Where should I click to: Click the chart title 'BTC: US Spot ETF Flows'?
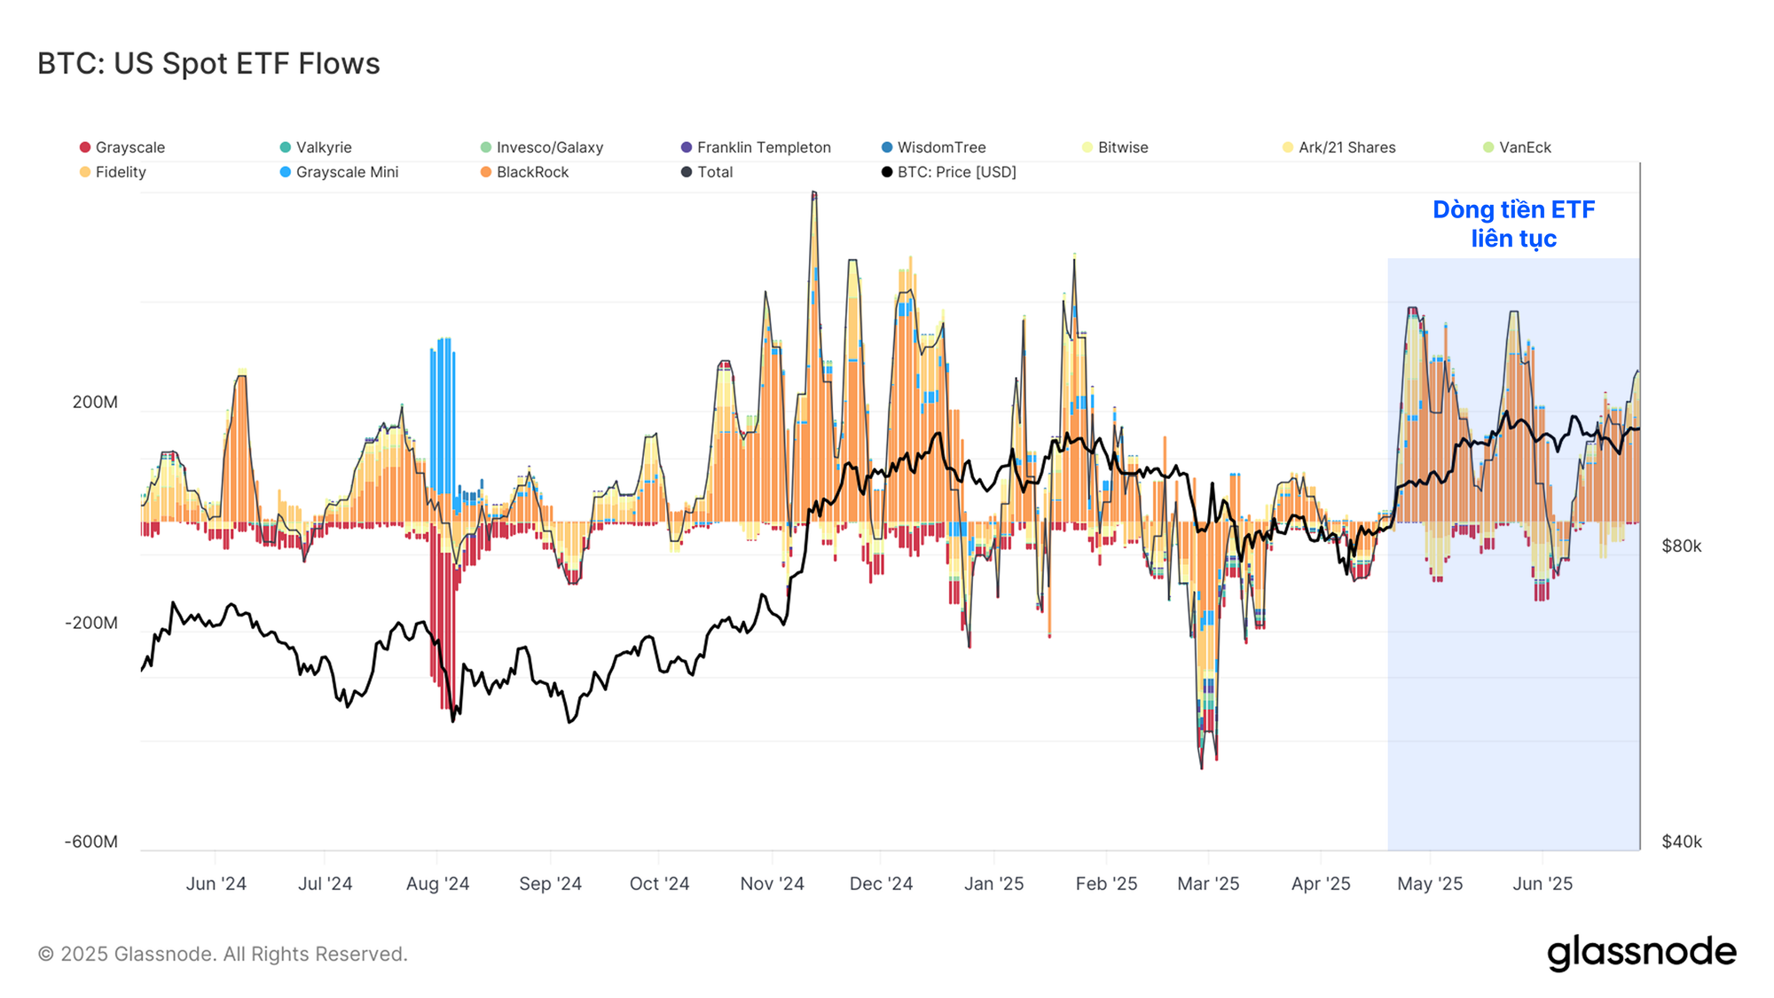pyautogui.click(x=208, y=64)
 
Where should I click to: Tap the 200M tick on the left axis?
pyautogui.click(x=95, y=402)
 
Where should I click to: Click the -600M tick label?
pyautogui.click(x=91, y=841)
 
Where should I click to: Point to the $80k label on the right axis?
pyautogui.click(x=1682, y=546)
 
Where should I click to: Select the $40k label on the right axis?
pyautogui.click(x=1682, y=841)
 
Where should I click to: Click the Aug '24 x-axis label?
pyautogui.click(x=437, y=884)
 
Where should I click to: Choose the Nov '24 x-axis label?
pyautogui.click(x=772, y=884)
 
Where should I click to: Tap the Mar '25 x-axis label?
pyautogui.click(x=1208, y=884)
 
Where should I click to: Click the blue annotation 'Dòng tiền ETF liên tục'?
pyautogui.click(x=1514, y=224)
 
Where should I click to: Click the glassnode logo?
pyautogui.click(x=1641, y=953)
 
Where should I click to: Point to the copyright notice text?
pyautogui.click(x=223, y=954)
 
